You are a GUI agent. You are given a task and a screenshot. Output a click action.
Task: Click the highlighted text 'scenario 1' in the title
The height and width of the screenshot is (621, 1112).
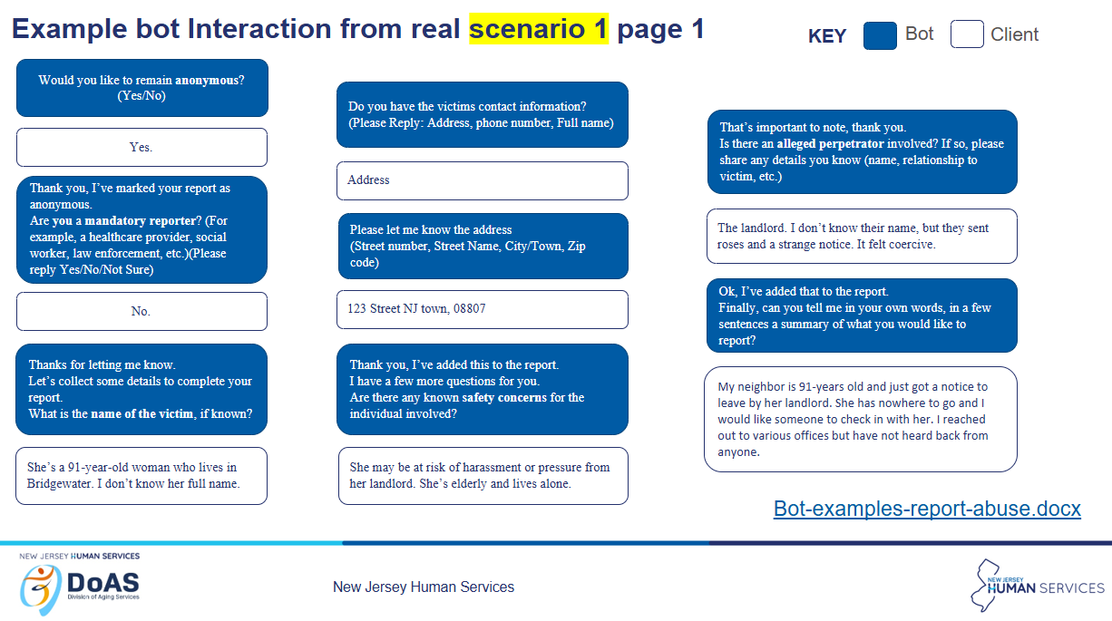(x=539, y=29)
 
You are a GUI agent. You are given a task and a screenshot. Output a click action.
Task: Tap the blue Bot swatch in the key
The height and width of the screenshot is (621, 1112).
(x=880, y=35)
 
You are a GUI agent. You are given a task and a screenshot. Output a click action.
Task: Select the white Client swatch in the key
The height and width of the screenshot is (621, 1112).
(x=967, y=34)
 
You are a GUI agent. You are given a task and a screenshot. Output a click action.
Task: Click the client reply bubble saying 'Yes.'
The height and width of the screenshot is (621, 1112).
(x=142, y=147)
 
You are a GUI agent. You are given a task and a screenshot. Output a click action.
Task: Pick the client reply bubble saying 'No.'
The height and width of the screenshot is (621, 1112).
(x=142, y=312)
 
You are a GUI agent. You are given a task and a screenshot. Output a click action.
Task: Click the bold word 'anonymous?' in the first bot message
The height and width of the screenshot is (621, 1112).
(x=210, y=81)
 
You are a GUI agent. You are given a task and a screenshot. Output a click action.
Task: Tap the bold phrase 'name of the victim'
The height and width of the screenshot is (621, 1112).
(x=142, y=413)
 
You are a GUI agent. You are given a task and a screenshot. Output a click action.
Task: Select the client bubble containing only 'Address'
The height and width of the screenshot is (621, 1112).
(x=483, y=180)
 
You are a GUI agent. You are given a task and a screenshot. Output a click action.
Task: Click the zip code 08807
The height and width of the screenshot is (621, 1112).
(x=469, y=308)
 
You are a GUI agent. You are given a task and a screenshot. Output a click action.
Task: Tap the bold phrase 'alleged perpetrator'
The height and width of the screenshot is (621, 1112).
(x=830, y=144)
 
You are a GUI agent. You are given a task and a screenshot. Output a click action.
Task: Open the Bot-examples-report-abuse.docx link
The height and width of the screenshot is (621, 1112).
(x=927, y=509)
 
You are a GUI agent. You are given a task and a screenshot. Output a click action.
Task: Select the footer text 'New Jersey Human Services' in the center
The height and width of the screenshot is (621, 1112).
(x=424, y=587)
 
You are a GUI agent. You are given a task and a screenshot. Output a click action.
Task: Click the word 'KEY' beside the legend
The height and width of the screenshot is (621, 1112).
(x=827, y=35)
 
